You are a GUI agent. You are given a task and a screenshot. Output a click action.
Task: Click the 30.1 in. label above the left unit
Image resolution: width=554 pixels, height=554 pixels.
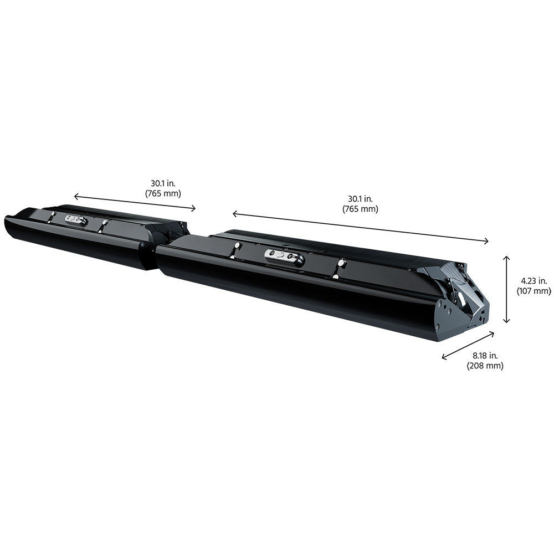[163, 183]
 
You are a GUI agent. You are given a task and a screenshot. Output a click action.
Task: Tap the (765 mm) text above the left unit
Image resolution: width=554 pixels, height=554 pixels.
[163, 193]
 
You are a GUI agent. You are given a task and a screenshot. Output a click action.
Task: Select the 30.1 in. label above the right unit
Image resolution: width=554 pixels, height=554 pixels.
[360, 199]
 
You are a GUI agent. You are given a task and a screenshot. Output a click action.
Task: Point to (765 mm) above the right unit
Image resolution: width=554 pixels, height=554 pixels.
[360, 209]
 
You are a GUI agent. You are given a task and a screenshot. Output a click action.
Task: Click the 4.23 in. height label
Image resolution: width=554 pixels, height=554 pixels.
[534, 281]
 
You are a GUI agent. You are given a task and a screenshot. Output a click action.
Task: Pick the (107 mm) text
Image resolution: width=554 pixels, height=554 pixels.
[534, 291]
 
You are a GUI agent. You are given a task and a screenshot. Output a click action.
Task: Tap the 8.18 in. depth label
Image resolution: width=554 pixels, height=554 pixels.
[485, 356]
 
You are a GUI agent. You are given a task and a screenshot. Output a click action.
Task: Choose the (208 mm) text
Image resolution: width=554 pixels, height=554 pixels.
[485, 365]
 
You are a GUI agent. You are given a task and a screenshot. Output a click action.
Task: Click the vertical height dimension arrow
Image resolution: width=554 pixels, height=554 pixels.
[506, 289]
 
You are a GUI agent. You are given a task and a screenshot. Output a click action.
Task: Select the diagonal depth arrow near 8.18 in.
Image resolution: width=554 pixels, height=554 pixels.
[468, 346]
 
